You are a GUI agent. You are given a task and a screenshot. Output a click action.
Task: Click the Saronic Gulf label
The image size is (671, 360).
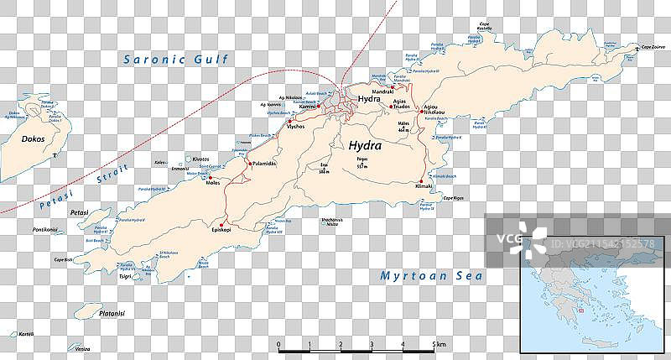tap(175, 60)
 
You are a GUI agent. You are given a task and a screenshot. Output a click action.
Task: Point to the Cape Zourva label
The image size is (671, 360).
tap(653, 48)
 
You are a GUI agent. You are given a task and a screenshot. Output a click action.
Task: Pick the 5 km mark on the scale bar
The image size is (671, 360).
tap(437, 345)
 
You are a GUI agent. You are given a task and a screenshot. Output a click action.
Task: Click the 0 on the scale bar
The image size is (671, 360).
tap(279, 345)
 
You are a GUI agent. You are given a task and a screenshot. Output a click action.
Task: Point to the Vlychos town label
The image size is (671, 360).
tap(295, 128)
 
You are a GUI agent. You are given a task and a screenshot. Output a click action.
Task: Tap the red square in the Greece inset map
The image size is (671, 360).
tap(578, 310)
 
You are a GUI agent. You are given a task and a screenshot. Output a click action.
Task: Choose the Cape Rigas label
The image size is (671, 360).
tap(454, 197)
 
